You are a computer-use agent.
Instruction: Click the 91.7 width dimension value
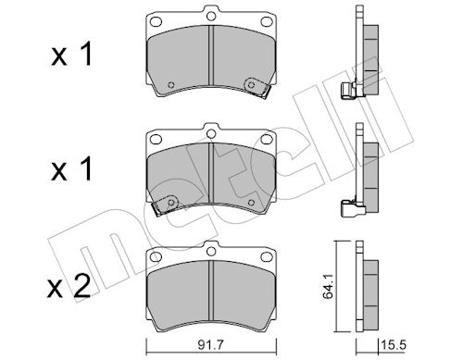pyautogui.click(x=211, y=345)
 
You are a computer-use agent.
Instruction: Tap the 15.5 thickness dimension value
pyautogui.click(x=394, y=345)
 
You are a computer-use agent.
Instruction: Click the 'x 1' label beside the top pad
pyautogui.click(x=71, y=55)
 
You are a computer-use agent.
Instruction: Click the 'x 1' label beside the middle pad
pyautogui.click(x=71, y=168)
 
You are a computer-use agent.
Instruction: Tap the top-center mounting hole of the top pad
pyautogui.click(x=211, y=16)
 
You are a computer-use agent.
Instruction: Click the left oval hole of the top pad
pyautogui.click(x=156, y=21)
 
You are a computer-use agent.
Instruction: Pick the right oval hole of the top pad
pyautogui.click(x=267, y=21)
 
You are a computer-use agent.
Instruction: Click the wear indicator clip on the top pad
pyautogui.click(x=257, y=87)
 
